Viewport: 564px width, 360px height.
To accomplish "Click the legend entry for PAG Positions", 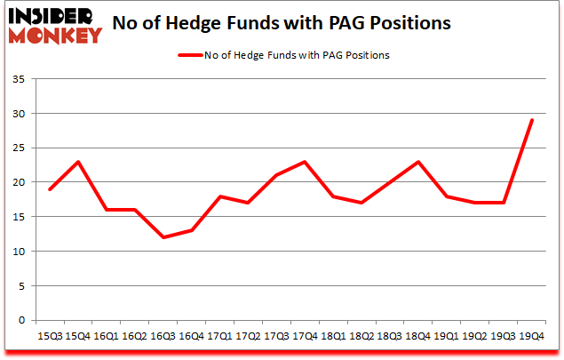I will tap(284, 55).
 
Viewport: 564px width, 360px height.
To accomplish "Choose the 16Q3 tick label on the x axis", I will tap(162, 336).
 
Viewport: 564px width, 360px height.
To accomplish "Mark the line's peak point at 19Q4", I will tap(532, 121).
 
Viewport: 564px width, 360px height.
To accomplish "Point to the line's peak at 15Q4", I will tap(78, 162).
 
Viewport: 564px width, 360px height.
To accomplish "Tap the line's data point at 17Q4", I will tap(305, 162).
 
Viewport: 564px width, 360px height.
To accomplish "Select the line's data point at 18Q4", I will tap(417, 162).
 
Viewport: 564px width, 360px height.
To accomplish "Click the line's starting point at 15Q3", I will tap(51, 189).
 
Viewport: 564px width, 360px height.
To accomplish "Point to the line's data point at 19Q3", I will tap(504, 203).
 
